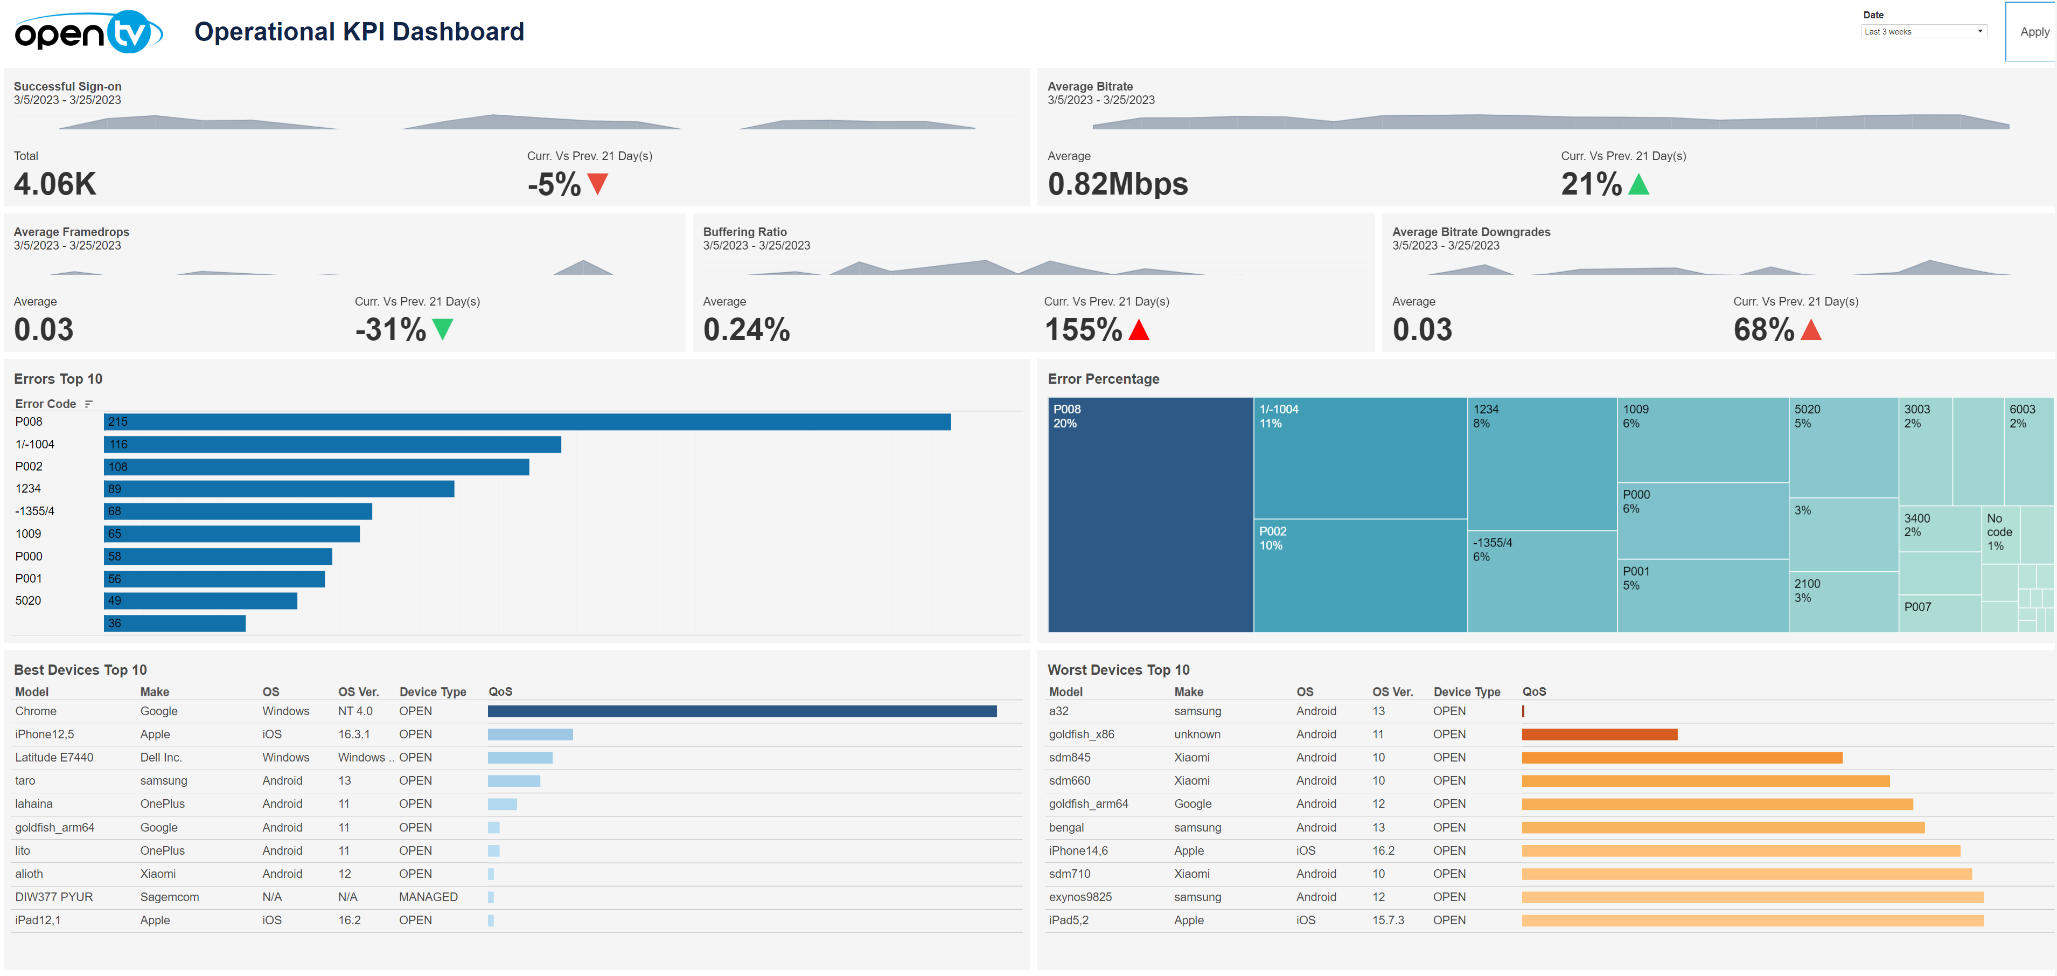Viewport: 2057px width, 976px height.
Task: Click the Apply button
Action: tap(2033, 32)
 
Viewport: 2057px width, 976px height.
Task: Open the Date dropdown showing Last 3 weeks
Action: tap(1923, 32)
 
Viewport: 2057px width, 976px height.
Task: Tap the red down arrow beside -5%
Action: tap(597, 184)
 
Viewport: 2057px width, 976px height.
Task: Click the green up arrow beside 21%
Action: tap(1638, 184)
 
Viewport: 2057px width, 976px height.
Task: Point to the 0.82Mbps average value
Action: tap(1117, 184)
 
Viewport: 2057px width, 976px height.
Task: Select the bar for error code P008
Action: tap(527, 421)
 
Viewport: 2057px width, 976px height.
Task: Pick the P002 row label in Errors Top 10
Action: tap(29, 466)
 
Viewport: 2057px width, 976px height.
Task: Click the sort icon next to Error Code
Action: tap(89, 404)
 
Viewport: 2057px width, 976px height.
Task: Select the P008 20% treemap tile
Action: tap(1150, 515)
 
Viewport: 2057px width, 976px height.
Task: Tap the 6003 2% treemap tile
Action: tap(2028, 451)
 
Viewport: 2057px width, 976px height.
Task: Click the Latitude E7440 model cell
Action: tap(54, 758)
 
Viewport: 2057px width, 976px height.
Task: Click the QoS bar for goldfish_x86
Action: tap(1600, 735)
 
